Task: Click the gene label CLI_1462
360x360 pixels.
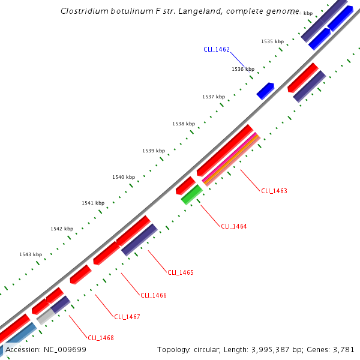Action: pyautogui.click(x=217, y=50)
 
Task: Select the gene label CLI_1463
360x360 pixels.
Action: pyautogui.click(x=274, y=191)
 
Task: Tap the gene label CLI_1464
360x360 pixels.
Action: pyautogui.click(x=233, y=226)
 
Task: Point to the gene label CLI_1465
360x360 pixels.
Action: pyautogui.click(x=181, y=272)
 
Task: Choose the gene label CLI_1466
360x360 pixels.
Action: pyautogui.click(x=154, y=295)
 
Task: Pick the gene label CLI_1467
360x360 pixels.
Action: pyautogui.click(x=127, y=317)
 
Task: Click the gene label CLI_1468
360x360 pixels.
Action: pyautogui.click(x=100, y=338)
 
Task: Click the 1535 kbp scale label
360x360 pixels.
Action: pyautogui.click(x=272, y=41)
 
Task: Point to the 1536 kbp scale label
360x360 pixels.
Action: pyautogui.click(x=243, y=69)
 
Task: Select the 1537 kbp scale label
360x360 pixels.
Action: pyautogui.click(x=214, y=97)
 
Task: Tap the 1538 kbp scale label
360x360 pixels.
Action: pyautogui.click(x=184, y=124)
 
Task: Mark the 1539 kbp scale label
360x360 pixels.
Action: pyautogui.click(x=154, y=151)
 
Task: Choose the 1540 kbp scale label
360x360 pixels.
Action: pyautogui.click(x=124, y=177)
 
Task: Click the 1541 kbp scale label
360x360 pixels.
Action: pyautogui.click(x=93, y=203)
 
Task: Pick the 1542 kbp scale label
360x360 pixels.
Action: pyautogui.click(x=62, y=229)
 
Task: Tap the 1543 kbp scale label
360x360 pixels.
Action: pyautogui.click(x=31, y=254)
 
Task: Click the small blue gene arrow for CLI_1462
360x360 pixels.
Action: pyautogui.click(x=265, y=91)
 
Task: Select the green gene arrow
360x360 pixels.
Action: pyautogui.click(x=191, y=194)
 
